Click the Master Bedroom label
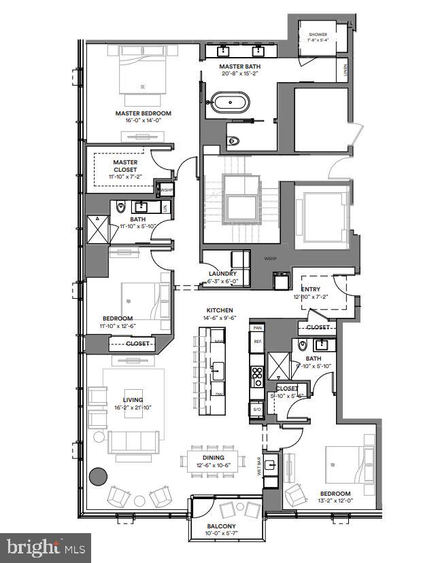tap(143, 113)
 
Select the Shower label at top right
tap(318, 33)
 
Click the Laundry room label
tap(222, 274)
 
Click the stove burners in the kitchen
tap(258, 373)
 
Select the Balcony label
tap(221, 526)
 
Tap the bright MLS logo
tap(44, 546)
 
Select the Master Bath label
tap(237, 67)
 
